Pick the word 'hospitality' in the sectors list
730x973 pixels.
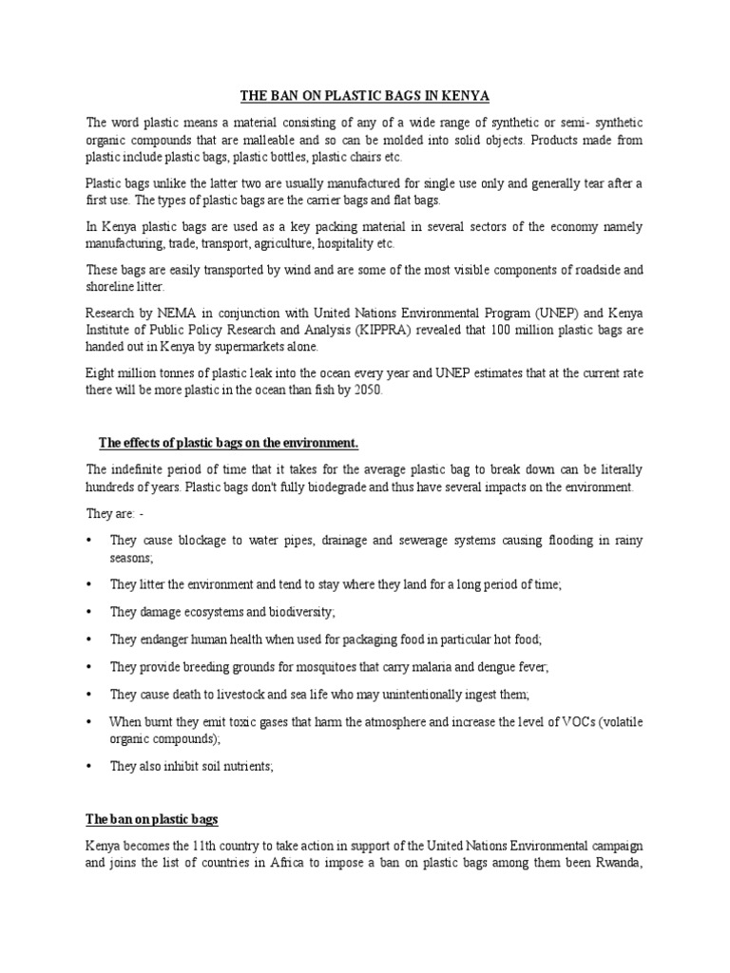click(x=314, y=243)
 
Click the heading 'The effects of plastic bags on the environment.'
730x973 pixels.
click(x=229, y=444)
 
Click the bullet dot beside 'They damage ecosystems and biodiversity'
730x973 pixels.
click(x=88, y=612)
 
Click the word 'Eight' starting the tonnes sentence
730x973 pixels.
click(x=103, y=374)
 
